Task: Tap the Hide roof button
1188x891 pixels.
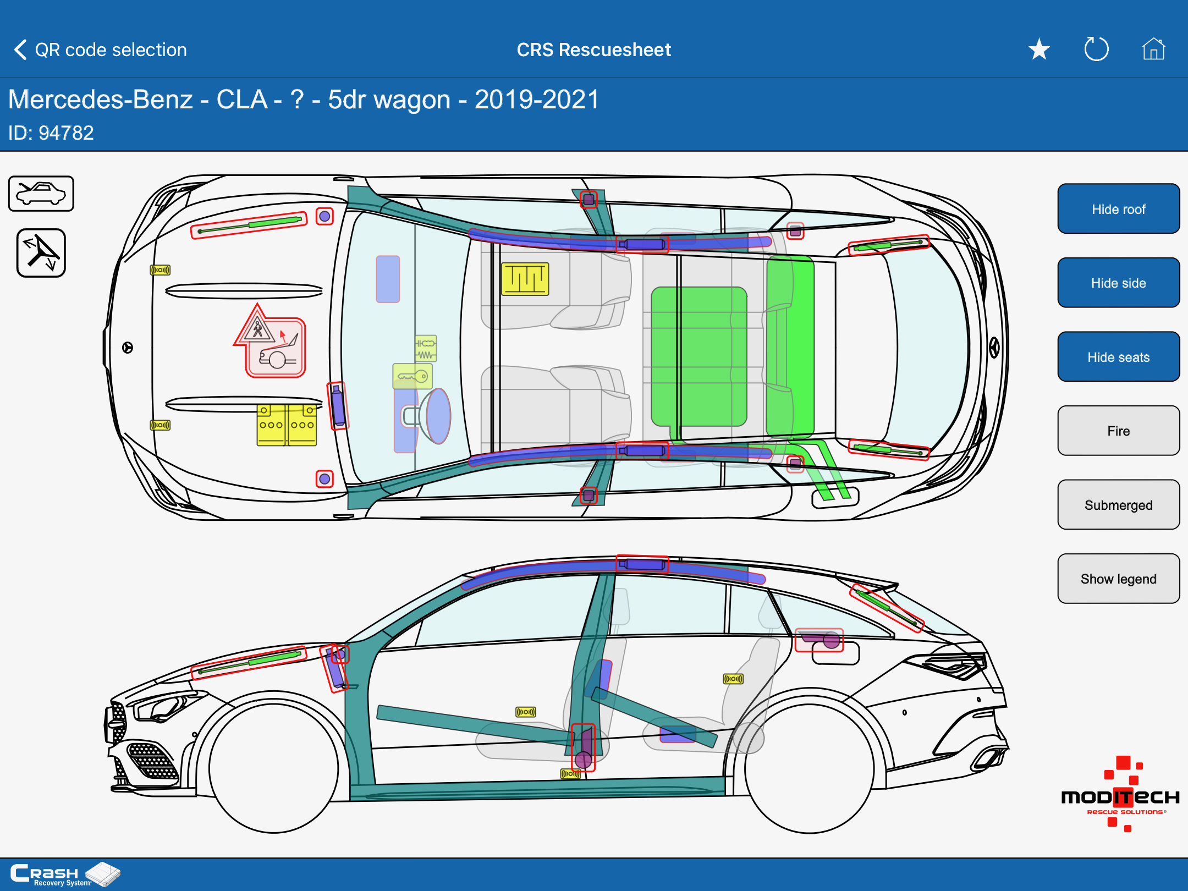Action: tap(1118, 209)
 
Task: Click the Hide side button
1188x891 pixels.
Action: tap(1118, 283)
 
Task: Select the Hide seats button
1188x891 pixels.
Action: tap(1118, 357)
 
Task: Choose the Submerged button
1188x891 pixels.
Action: tap(1118, 505)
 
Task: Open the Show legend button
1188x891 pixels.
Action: tap(1118, 579)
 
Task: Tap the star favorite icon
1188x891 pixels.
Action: tap(1039, 50)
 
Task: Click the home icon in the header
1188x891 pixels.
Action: tap(1153, 50)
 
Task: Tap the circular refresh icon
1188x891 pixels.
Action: tap(1096, 50)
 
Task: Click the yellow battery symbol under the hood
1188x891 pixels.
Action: tap(287, 425)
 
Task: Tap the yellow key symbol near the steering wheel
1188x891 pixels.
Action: tap(413, 377)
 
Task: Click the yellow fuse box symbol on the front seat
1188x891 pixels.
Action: tap(525, 279)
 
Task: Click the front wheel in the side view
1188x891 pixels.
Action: tap(273, 768)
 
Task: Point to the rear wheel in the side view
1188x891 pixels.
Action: tap(809, 768)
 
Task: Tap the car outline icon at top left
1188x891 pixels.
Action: tap(41, 194)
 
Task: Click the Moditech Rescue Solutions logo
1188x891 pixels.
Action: tap(1120, 795)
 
